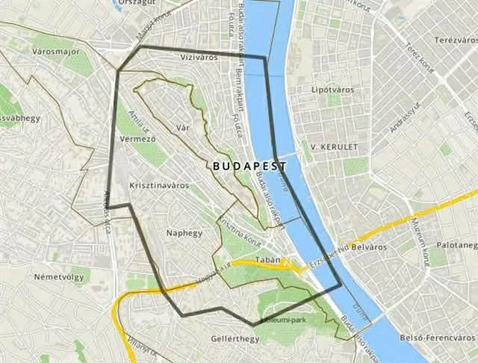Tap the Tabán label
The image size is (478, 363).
coord(267,260)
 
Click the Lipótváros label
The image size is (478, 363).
coord(330,90)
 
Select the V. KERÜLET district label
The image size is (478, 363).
coord(335,146)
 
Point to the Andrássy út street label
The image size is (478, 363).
coord(404,117)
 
